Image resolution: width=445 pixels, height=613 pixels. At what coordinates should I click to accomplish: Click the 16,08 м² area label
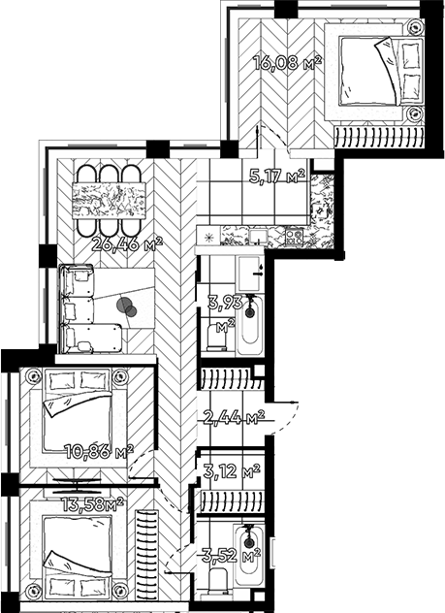click(287, 63)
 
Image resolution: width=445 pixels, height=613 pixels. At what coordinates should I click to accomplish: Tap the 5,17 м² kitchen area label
click(277, 177)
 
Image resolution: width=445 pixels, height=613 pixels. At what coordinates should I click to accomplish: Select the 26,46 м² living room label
click(126, 242)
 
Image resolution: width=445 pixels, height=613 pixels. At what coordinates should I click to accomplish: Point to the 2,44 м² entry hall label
click(234, 418)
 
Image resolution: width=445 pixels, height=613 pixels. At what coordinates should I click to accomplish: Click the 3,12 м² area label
click(233, 472)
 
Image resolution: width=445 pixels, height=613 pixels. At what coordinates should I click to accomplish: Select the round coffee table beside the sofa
click(127, 306)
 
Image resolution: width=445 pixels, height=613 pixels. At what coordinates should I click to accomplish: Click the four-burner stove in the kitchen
click(293, 235)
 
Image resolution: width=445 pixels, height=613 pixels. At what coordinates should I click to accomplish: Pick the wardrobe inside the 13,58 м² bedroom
click(147, 553)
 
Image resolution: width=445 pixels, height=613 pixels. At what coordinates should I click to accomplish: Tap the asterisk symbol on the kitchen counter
click(208, 235)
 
